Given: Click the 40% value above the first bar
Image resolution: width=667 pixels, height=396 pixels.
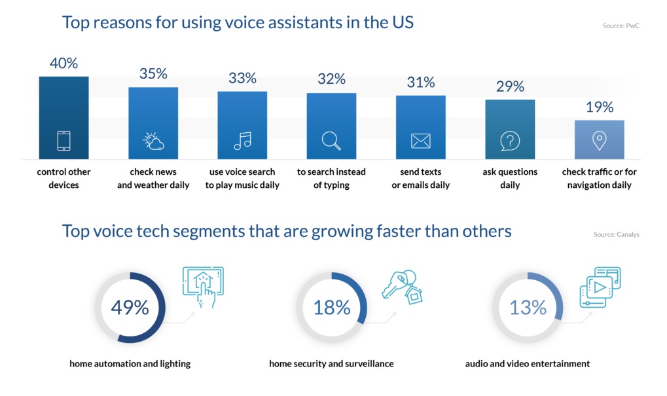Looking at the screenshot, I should coord(63,63).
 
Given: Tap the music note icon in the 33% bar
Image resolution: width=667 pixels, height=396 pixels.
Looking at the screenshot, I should coord(242,141).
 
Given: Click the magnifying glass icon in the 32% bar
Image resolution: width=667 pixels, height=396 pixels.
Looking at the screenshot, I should coord(331,141).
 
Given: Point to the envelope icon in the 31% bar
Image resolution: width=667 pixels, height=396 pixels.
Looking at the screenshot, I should coord(420,141).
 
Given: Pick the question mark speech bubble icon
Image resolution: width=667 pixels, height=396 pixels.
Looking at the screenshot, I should coord(510,141).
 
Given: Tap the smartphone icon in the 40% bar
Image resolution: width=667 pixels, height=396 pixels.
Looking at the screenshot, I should coord(63,141).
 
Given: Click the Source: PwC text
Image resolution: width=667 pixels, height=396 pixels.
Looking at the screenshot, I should coord(621,26).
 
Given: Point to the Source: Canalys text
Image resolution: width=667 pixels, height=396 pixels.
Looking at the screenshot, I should coord(616,234).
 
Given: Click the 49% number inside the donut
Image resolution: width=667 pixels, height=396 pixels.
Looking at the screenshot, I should coord(130,308).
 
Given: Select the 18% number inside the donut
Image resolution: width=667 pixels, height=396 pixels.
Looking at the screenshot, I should coord(331,308).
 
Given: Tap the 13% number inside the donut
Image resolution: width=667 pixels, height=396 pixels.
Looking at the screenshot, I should coord(528,308).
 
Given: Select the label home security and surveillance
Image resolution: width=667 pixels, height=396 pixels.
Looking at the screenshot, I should coord(331,363).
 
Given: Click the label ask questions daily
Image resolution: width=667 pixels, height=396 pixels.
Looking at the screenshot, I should coord(510,178).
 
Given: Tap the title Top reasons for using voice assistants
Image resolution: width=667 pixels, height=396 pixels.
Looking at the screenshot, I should coord(238,22).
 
